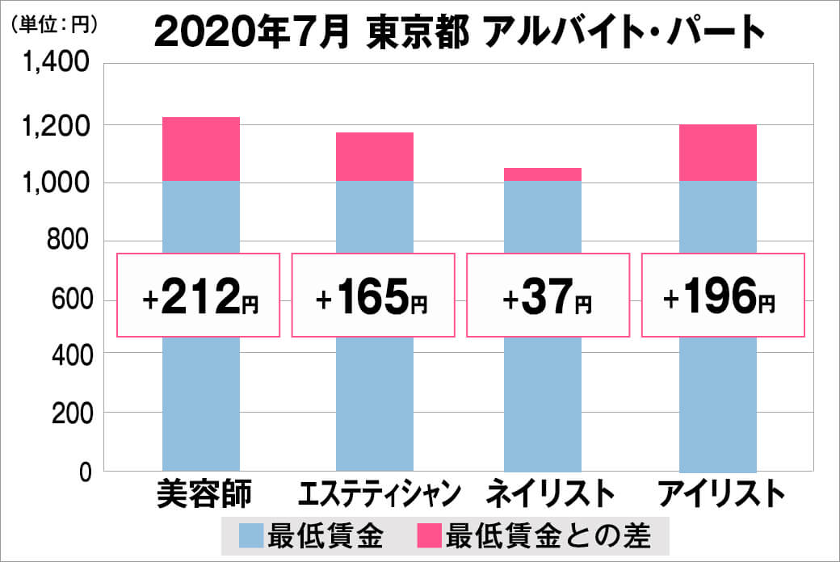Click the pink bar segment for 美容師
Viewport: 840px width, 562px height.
(201, 149)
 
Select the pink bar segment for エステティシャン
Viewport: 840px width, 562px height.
(375, 157)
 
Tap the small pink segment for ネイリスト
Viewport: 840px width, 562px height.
(543, 174)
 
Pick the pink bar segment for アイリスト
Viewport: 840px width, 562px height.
(718, 153)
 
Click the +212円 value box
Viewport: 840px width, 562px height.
(199, 296)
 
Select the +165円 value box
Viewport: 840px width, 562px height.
(373, 296)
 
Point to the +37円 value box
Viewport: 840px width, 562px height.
(548, 296)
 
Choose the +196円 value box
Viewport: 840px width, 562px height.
(722, 296)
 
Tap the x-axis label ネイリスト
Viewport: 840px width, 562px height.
(544, 494)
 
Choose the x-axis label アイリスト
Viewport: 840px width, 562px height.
(720, 494)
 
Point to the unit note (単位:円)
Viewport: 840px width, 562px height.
(54, 24)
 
